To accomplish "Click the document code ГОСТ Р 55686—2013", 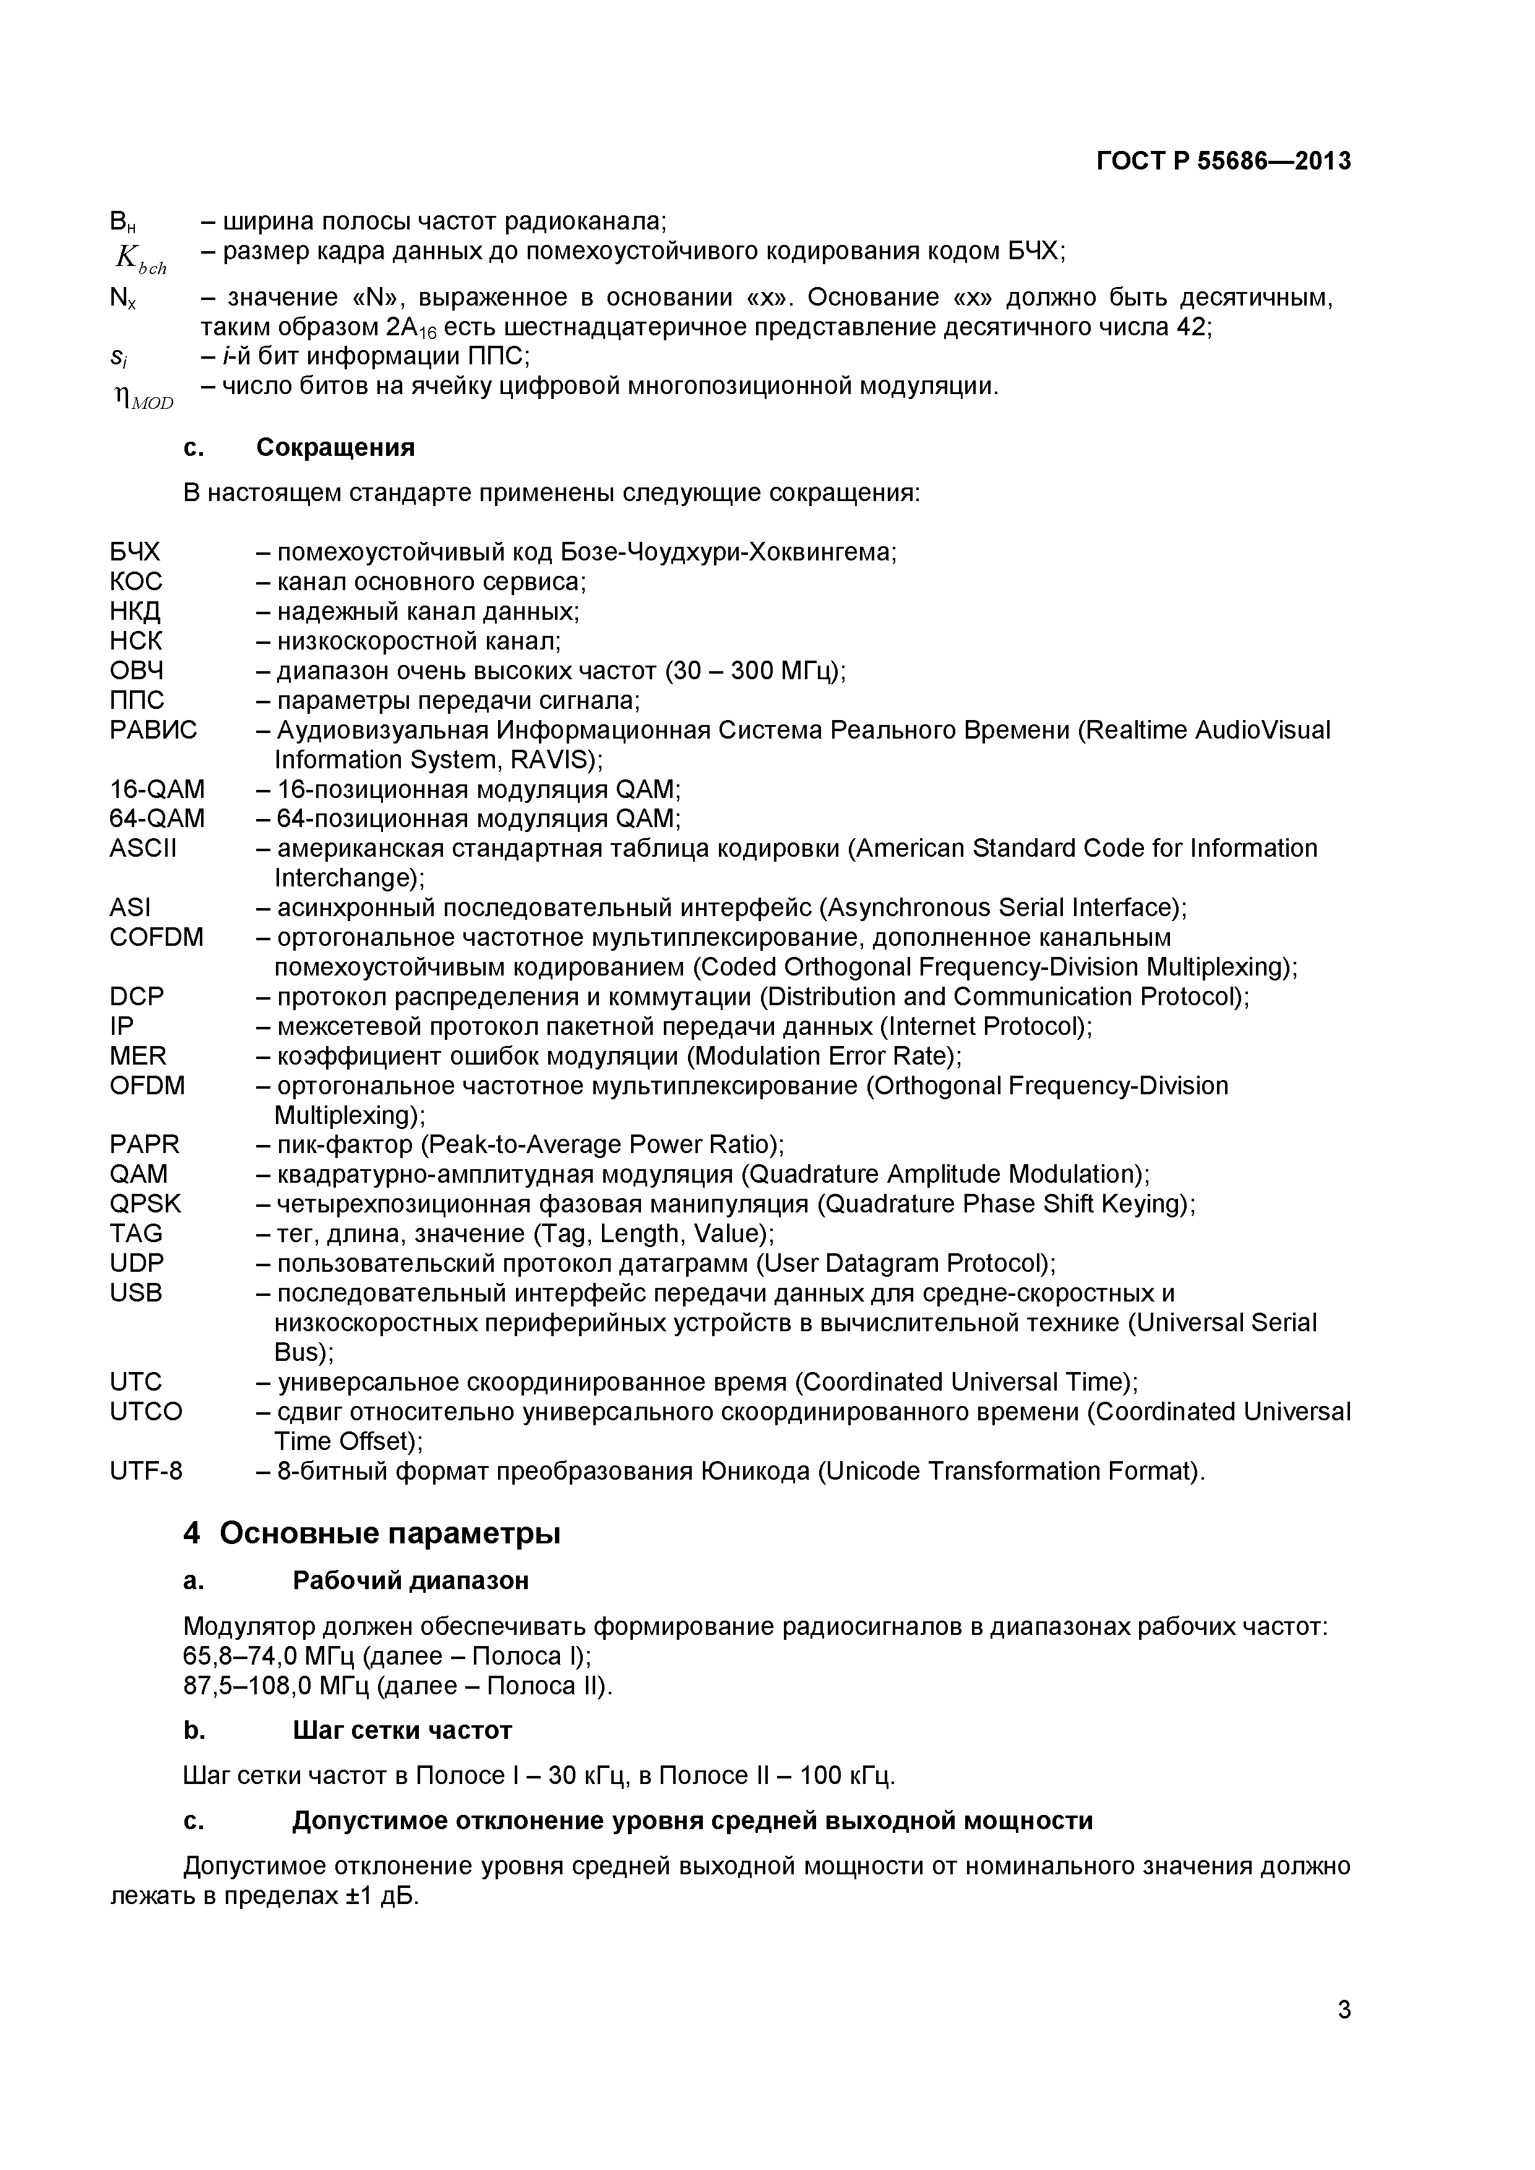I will point(1223,161).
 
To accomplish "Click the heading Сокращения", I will point(335,447).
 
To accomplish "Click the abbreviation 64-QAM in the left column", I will point(157,818).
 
